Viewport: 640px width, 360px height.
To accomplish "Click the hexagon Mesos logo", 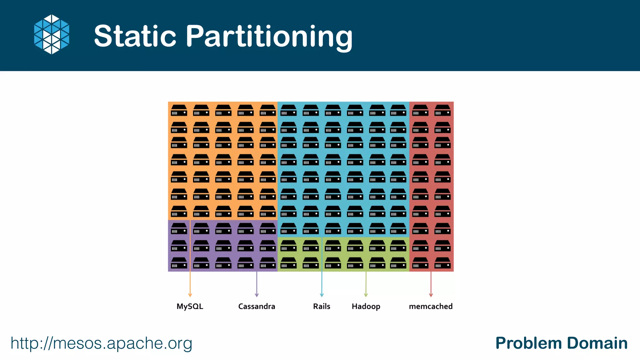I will (x=52, y=34).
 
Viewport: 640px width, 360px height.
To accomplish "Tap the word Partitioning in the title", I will (x=269, y=37).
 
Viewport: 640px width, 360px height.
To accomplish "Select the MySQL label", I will (x=190, y=306).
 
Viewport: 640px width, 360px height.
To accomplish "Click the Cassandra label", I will (x=257, y=306).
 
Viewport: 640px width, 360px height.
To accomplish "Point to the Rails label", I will (x=322, y=306).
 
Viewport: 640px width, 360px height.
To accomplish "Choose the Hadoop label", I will (x=366, y=307).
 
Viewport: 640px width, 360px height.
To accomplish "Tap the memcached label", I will (x=431, y=306).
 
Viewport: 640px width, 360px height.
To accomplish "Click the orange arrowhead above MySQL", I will (x=190, y=295).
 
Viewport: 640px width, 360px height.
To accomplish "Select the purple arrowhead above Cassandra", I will (x=257, y=295).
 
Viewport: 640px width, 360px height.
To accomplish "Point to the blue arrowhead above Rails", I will (x=322, y=295).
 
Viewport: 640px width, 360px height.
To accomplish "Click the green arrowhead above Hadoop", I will (x=366, y=295).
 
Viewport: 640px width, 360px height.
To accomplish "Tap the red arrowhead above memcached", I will (x=431, y=295).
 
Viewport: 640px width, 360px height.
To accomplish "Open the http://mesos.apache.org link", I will (x=101, y=343).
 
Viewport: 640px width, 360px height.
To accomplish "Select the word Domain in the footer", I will (x=597, y=343).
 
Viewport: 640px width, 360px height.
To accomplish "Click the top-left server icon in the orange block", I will (x=179, y=110).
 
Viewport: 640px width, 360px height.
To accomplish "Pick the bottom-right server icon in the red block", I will (x=442, y=263).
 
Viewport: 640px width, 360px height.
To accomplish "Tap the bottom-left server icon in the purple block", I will (x=179, y=263).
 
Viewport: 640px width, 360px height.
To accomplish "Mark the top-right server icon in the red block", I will (x=442, y=110).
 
